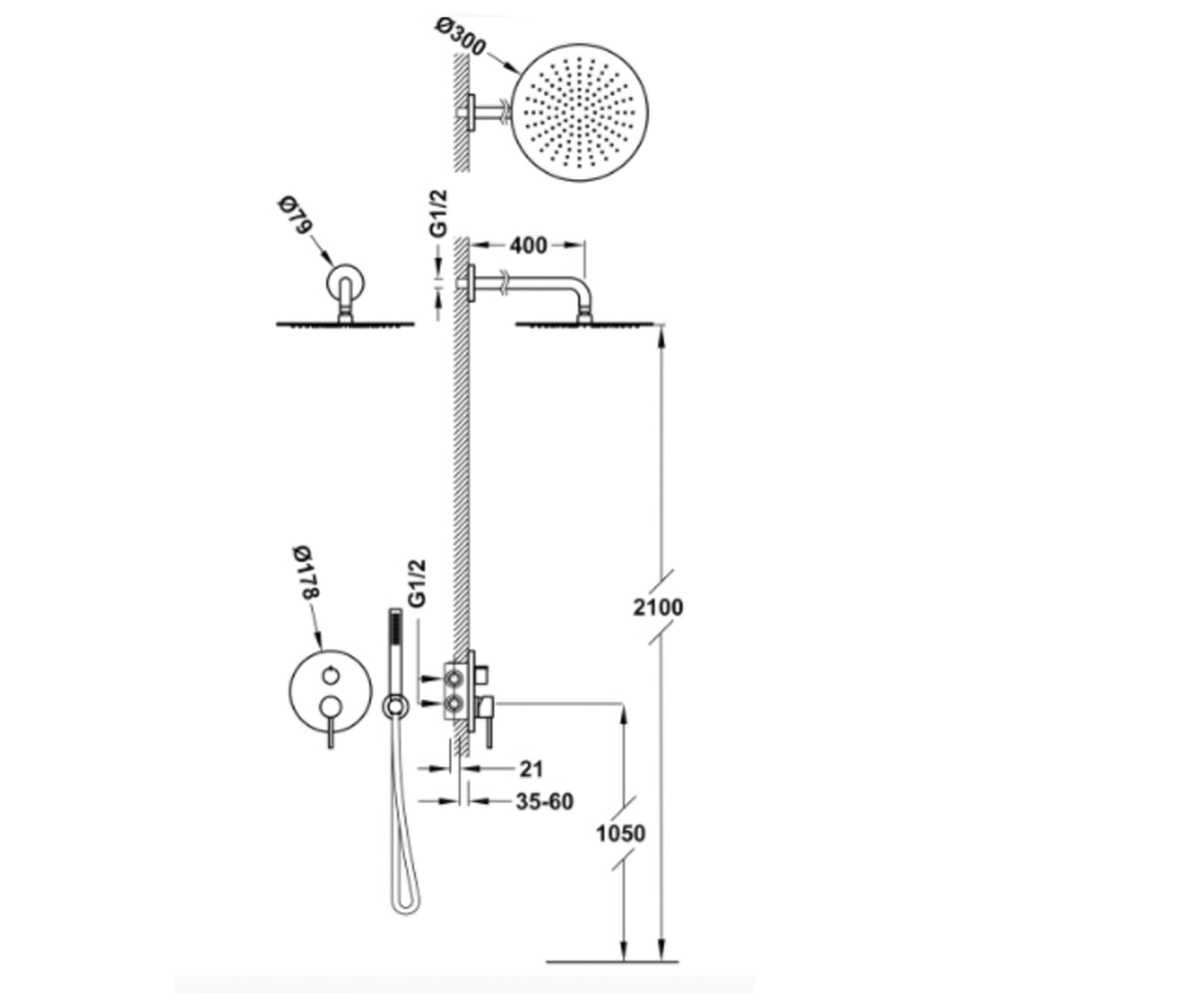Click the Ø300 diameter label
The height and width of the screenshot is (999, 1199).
pyautogui.click(x=461, y=37)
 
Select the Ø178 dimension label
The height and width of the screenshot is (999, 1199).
pyautogui.click(x=306, y=572)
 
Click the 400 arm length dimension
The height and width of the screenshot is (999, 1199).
pyautogui.click(x=529, y=246)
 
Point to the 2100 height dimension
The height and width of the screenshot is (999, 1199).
pyautogui.click(x=658, y=607)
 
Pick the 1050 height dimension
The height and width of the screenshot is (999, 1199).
pyautogui.click(x=620, y=833)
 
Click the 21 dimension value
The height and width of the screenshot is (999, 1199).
pyautogui.click(x=531, y=769)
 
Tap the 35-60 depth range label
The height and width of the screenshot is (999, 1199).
pyautogui.click(x=545, y=801)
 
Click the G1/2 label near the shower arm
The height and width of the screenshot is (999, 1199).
pyautogui.click(x=439, y=214)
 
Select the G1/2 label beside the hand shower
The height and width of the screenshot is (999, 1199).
pyautogui.click(x=418, y=583)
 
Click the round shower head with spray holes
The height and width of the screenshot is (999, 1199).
pyautogui.click(x=580, y=113)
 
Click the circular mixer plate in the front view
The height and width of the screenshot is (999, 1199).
pyautogui.click(x=330, y=692)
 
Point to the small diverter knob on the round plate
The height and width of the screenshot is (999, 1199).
pyautogui.click(x=330, y=675)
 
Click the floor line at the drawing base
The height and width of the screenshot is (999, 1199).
pyautogui.click(x=612, y=962)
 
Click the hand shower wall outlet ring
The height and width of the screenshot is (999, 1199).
pyautogui.click(x=395, y=706)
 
